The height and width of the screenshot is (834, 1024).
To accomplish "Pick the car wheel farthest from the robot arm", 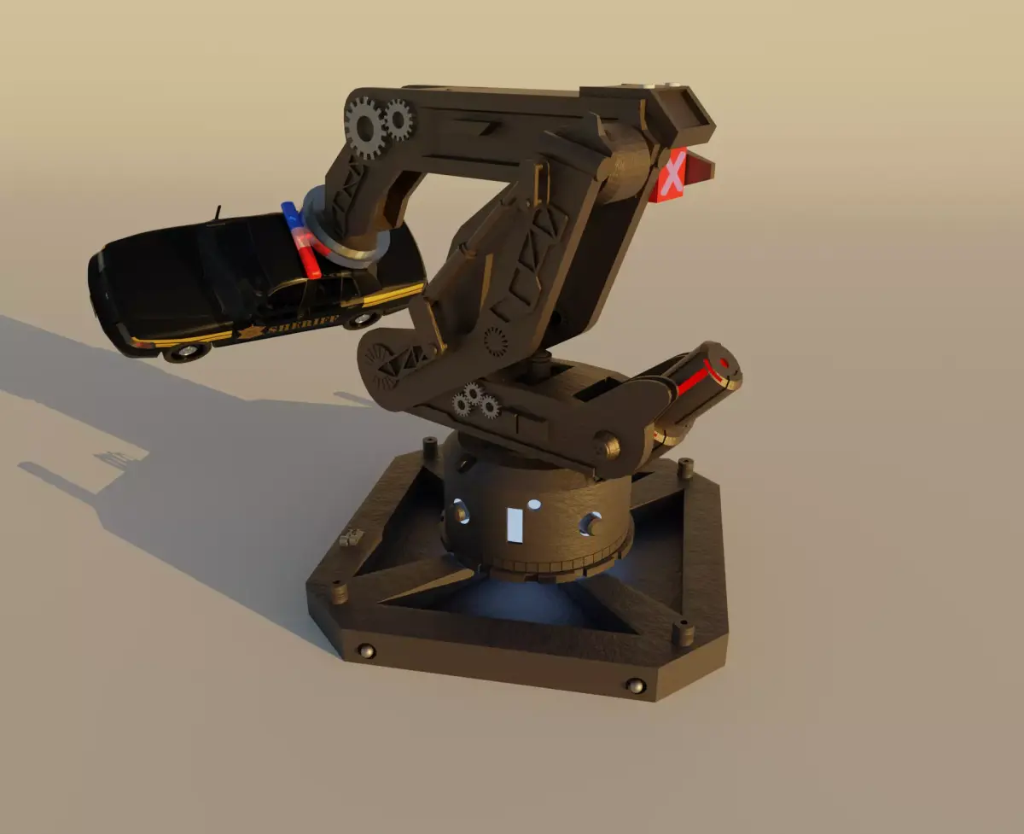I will [186, 351].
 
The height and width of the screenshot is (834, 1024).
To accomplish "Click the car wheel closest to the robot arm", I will [362, 319].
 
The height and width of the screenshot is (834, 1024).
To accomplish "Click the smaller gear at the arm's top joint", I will [398, 120].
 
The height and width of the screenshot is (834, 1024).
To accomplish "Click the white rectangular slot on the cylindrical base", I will [515, 524].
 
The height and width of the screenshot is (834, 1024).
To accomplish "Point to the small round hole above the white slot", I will [534, 504].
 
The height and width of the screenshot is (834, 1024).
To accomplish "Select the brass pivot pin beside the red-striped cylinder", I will [606, 445].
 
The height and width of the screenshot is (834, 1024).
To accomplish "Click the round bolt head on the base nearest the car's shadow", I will [368, 651].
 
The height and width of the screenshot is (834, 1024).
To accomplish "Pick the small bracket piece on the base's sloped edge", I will [350, 538].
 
